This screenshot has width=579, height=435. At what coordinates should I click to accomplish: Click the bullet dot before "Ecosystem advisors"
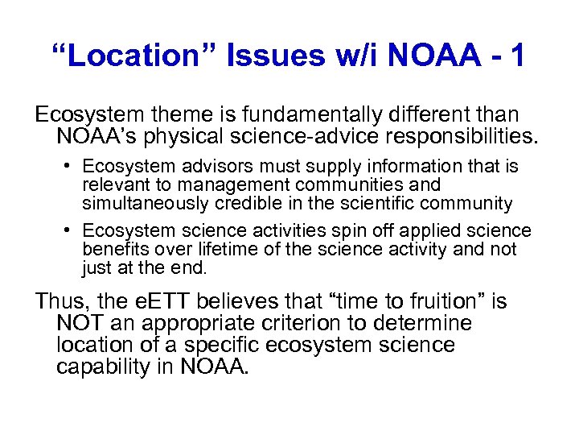coord(69,167)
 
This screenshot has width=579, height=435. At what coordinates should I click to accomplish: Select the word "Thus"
coord(60,302)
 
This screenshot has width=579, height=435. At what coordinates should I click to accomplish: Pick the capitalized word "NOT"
coord(80,324)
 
